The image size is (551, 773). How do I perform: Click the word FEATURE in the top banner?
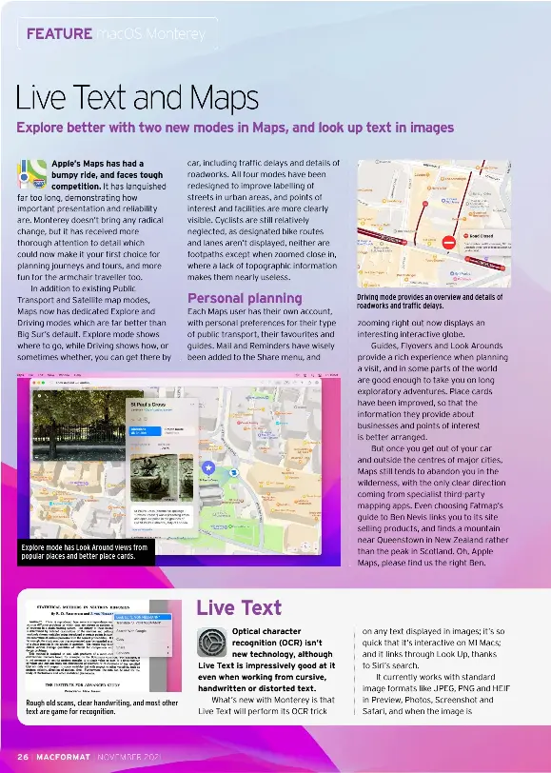click(59, 34)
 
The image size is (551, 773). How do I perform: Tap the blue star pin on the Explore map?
click(208, 466)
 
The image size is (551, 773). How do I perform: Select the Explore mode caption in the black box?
click(85, 551)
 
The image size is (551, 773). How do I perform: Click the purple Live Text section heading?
click(239, 608)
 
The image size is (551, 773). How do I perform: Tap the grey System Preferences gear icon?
click(211, 643)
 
